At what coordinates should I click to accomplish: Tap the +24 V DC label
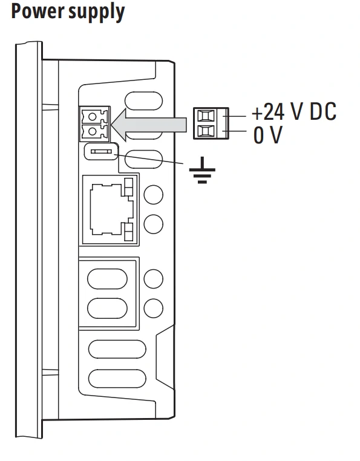pos(294,112)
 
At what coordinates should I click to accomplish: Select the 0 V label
pos(267,135)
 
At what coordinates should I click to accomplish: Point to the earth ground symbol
pos(202,170)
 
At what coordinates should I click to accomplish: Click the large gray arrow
pos(149,125)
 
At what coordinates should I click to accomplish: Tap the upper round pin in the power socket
pos(93,117)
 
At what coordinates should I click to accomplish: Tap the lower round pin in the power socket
pos(93,131)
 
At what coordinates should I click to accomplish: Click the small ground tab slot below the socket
pos(101,151)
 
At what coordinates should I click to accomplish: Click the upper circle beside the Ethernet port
pos(154,195)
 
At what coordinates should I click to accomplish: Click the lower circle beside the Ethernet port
pos(154,224)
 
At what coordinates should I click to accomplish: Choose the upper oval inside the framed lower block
pos(107,279)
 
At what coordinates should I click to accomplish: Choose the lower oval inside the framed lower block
pos(107,308)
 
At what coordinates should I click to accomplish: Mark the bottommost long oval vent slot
pos(117,378)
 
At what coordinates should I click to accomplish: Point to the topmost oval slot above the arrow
pos(143,101)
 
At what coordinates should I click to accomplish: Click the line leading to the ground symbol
pos(148,159)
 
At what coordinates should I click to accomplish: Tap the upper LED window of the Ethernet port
pos(128,187)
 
